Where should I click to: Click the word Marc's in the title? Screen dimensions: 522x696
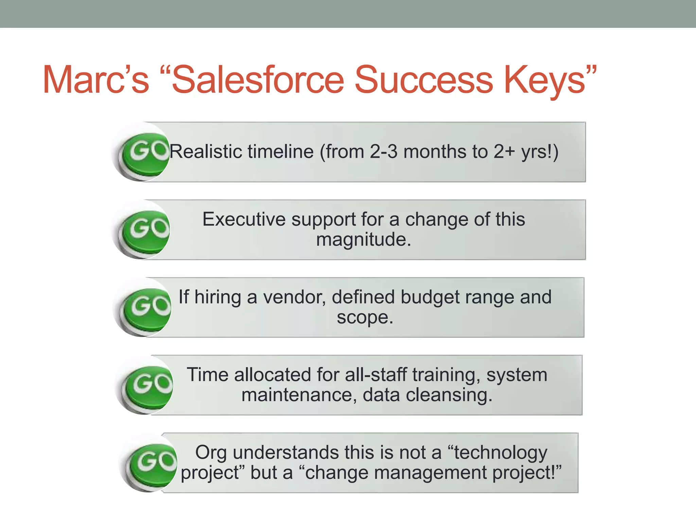point(96,80)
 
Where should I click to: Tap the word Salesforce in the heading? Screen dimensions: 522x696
point(258,80)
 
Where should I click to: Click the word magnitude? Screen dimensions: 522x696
point(364,239)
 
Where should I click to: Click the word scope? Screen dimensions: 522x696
point(364,317)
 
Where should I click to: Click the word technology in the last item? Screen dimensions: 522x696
point(500,453)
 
